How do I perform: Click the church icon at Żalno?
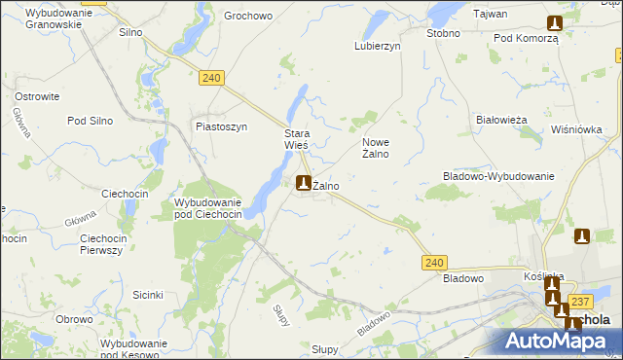pos(304,182)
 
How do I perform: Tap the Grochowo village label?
pos(247,17)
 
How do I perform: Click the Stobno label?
pos(443,32)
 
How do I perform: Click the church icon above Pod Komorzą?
pos(555,23)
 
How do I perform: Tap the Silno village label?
pos(130,32)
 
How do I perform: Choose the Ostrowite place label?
pos(38,96)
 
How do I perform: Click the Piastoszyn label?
pos(222,126)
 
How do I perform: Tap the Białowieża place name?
pos(501,120)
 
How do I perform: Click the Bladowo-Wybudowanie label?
pos(498,176)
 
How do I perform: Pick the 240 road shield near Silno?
pos(213,76)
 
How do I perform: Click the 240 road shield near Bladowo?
pos(435,262)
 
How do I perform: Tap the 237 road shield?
pos(581,302)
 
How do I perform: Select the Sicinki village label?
pos(148,294)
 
